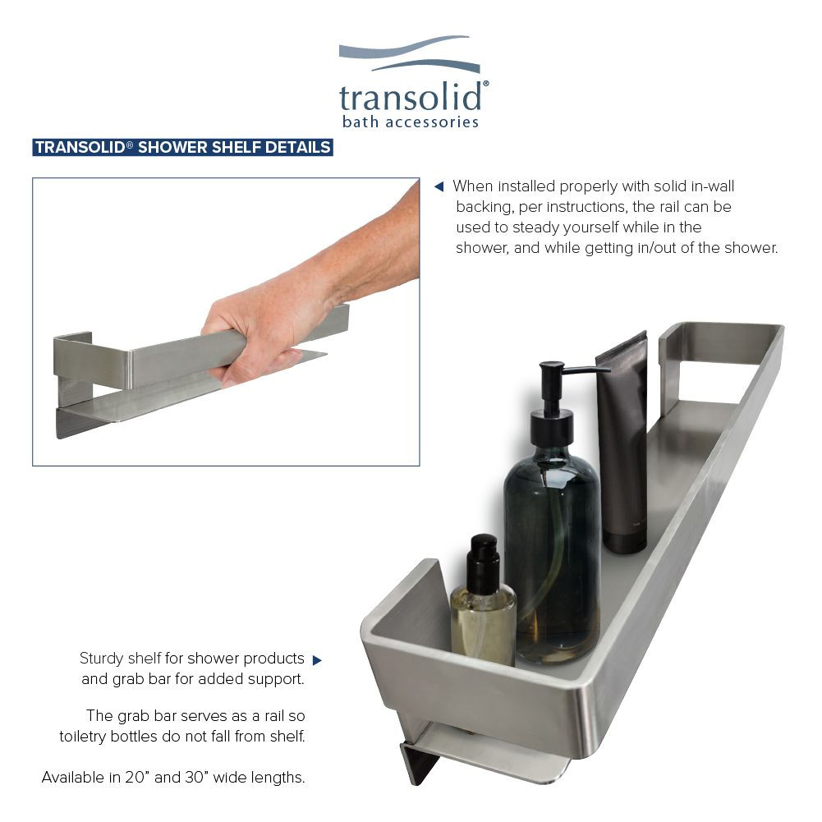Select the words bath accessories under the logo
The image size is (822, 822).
[x=410, y=122]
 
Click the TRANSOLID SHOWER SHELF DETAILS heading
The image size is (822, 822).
[x=182, y=148]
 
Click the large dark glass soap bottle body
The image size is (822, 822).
[x=551, y=558]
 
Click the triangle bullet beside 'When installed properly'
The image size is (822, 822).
[x=439, y=186]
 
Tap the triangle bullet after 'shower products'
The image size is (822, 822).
[x=317, y=660]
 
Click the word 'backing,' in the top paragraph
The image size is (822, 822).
[x=485, y=207]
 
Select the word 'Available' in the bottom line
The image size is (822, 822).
[x=72, y=777]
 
